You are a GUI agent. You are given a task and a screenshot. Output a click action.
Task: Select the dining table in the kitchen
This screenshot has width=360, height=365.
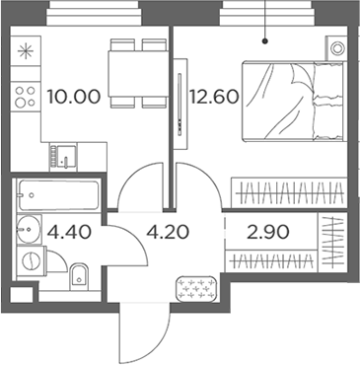[x=137, y=74]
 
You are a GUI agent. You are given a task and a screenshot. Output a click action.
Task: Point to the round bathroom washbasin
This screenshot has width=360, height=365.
[x=28, y=229]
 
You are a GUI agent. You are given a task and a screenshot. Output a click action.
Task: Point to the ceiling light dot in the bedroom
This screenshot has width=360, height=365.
[x=266, y=42]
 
